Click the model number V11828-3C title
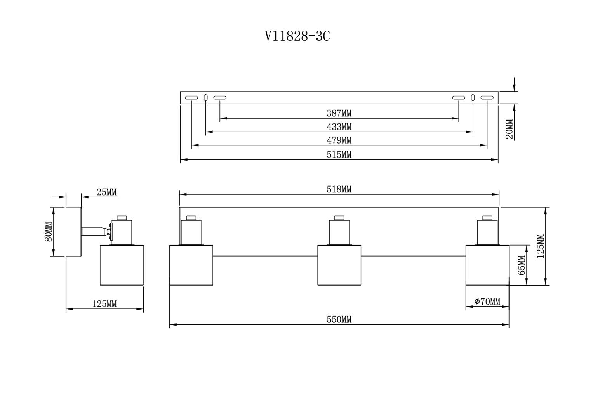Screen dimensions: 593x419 tap(297, 36)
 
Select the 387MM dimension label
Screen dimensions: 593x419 tap(339, 113)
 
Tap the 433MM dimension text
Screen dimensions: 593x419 tap(339, 127)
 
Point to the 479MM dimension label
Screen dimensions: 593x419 tap(339, 140)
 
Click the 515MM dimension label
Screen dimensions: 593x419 tap(339, 154)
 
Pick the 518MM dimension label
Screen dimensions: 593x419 tap(339, 189)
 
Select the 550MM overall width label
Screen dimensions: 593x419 tap(339, 320)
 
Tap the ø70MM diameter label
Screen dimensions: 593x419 tap(487, 301)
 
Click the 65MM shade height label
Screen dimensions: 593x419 tap(521, 265)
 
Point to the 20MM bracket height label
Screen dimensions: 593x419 tap(510, 129)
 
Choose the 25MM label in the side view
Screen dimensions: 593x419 tap(106, 192)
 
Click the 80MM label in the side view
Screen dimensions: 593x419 tap(49, 232)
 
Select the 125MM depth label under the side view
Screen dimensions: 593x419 tap(104, 304)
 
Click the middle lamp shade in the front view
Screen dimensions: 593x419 tap(339, 265)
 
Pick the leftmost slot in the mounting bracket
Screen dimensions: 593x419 tap(191, 98)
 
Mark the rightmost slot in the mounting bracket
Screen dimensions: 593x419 tap(487, 98)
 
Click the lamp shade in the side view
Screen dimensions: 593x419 tap(122, 265)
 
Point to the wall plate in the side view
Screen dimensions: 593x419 tap(74, 232)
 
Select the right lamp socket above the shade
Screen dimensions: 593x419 tap(487, 230)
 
